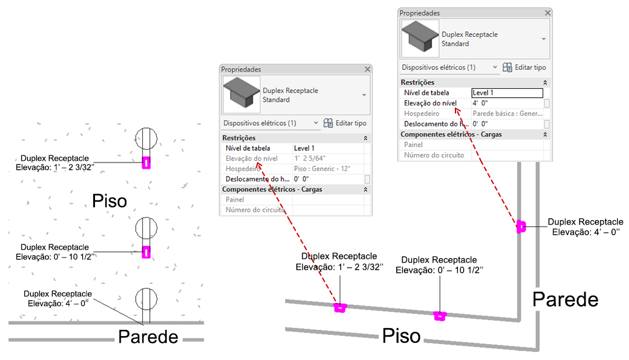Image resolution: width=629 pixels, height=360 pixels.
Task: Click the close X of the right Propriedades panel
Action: [547, 13]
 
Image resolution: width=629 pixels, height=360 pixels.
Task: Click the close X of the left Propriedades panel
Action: [367, 69]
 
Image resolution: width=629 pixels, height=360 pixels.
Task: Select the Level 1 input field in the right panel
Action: [507, 93]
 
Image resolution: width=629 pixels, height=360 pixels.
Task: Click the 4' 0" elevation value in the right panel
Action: [480, 103]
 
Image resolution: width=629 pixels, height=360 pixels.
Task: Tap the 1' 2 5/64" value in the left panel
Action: [310, 158]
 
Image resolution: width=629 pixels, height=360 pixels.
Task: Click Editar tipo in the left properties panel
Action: [345, 123]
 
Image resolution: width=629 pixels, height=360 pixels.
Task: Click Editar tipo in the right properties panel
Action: [524, 67]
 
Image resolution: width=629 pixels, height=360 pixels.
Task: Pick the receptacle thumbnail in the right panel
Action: [420, 38]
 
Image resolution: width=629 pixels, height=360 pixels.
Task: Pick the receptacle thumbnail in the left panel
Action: [241, 94]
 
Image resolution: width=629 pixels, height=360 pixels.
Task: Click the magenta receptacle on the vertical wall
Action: [520, 226]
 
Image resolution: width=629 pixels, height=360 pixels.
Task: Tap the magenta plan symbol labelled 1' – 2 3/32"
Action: [147, 163]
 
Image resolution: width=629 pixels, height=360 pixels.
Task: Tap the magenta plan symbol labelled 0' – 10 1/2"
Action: [147, 252]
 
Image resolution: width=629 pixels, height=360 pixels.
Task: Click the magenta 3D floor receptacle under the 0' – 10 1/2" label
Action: [440, 316]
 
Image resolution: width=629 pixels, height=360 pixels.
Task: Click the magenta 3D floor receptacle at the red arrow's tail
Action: [340, 308]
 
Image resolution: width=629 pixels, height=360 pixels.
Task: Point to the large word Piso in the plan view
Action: [110, 201]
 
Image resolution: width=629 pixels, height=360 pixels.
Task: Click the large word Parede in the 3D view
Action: [565, 299]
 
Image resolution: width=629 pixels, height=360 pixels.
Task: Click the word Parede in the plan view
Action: [148, 337]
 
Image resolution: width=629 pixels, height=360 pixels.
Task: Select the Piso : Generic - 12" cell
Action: [322, 169]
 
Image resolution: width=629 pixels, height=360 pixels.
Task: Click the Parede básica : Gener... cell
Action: [508, 113]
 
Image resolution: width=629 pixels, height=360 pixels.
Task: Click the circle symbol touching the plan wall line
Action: [147, 299]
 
